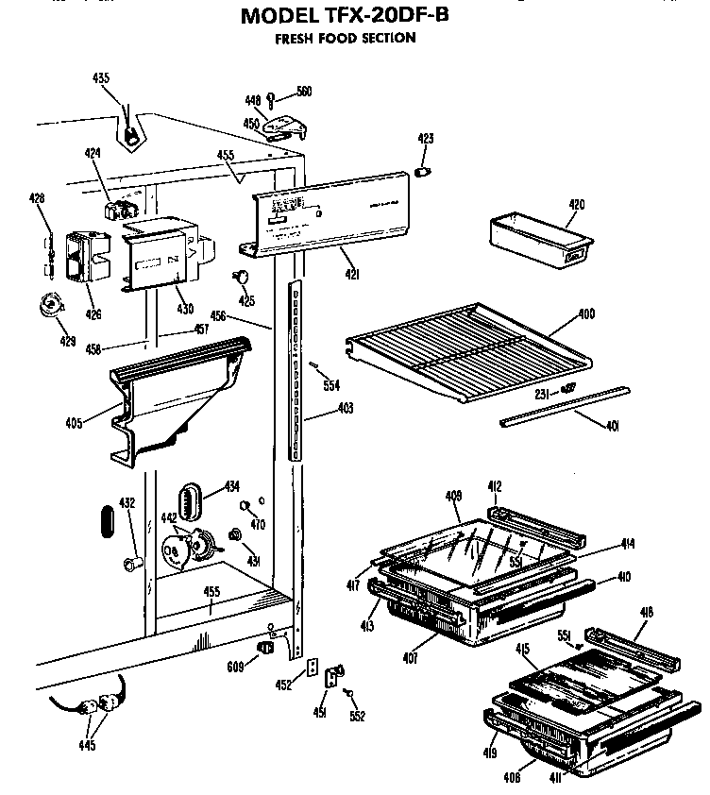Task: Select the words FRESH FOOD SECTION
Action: point(345,39)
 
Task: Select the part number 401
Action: point(612,426)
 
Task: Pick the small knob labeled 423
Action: point(425,172)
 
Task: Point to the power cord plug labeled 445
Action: point(104,703)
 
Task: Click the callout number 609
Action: point(234,667)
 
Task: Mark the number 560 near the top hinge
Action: point(304,92)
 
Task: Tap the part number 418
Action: point(646,613)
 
